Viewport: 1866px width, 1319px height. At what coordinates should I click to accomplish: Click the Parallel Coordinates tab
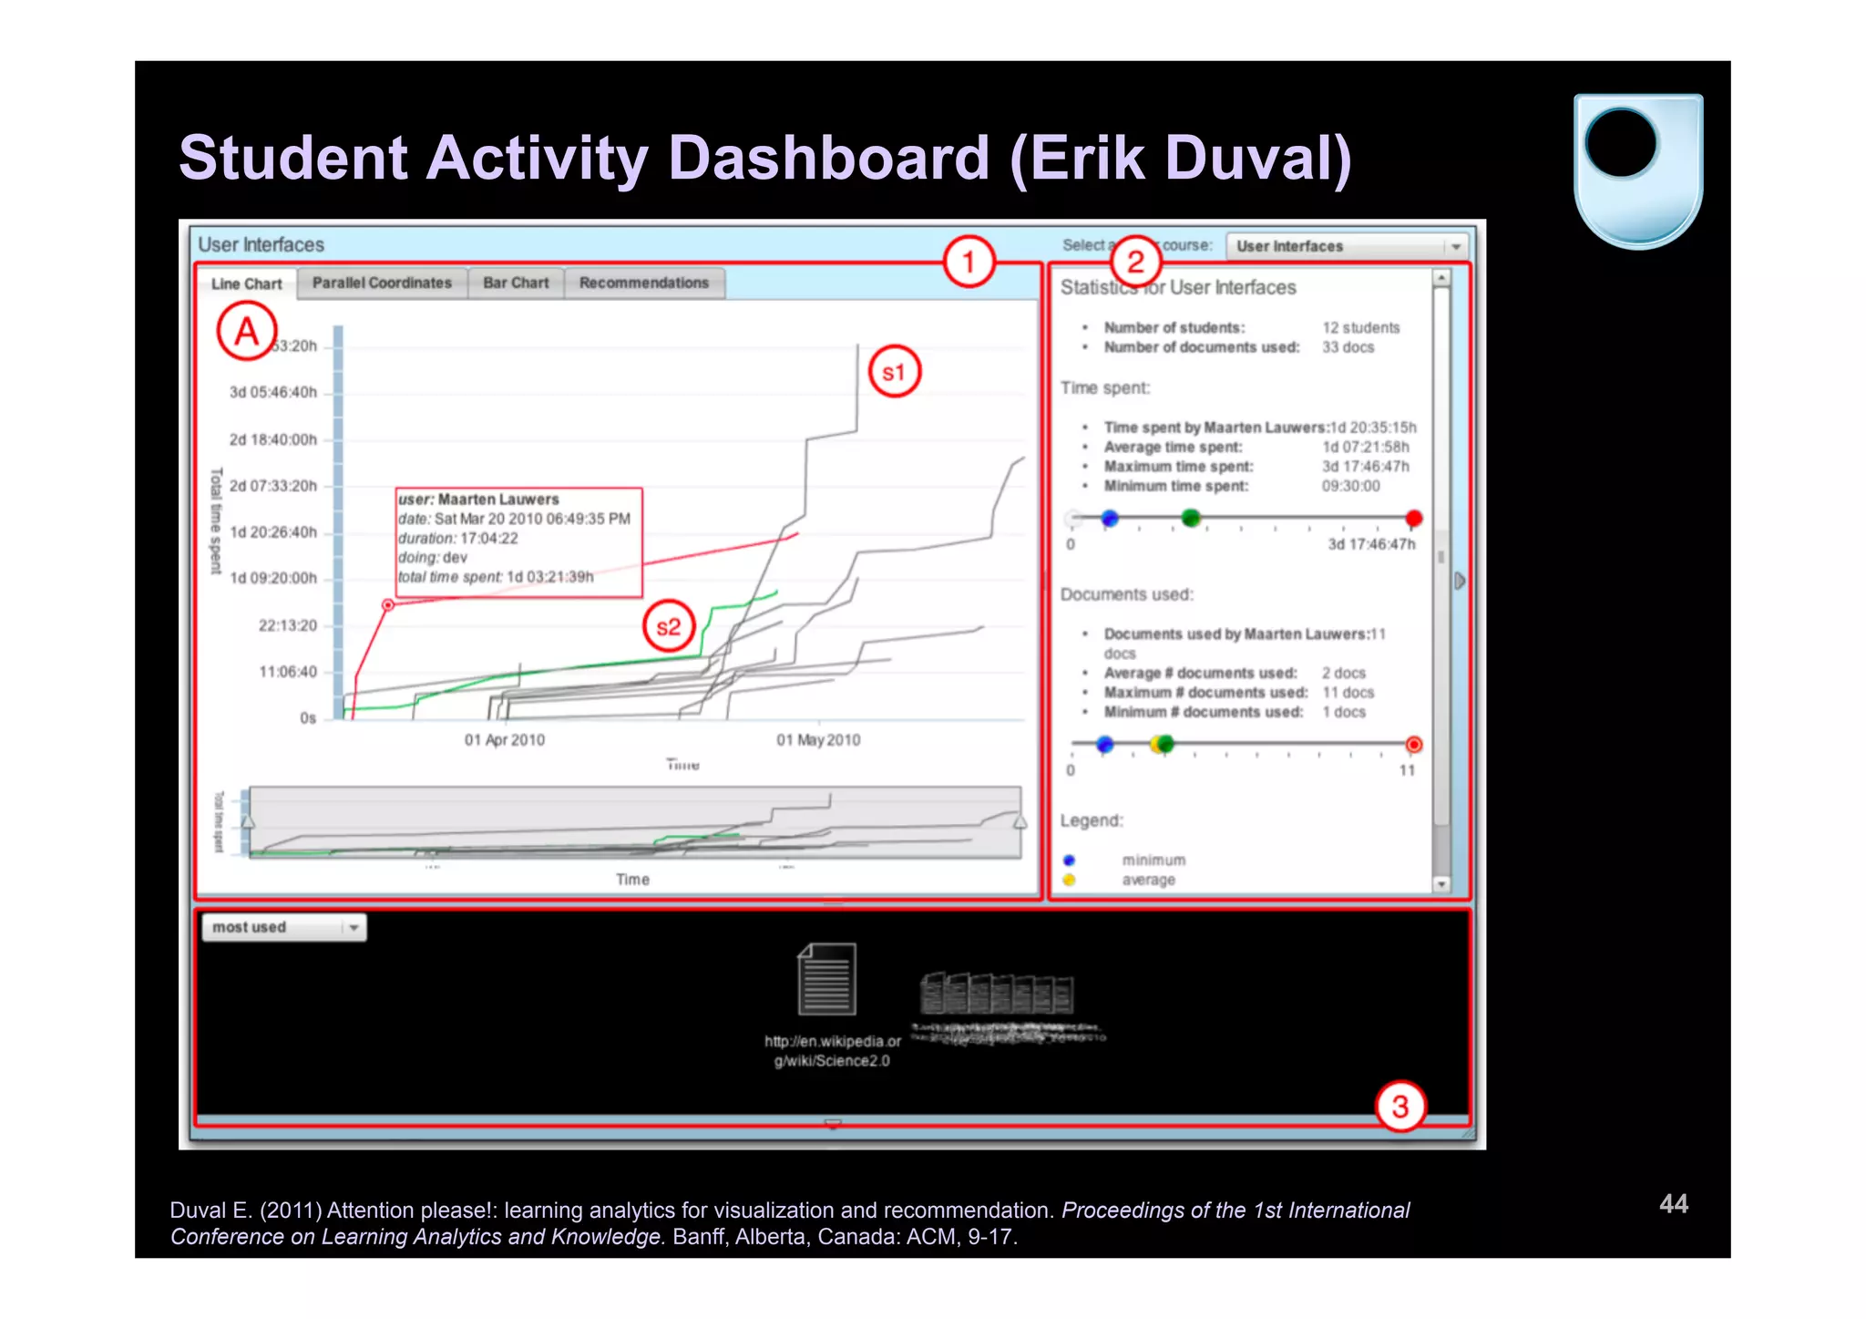pos(382,283)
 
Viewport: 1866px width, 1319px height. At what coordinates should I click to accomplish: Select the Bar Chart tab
pos(516,283)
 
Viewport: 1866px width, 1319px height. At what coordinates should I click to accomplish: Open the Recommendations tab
pos(643,283)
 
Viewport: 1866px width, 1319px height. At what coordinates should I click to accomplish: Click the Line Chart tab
pos(246,284)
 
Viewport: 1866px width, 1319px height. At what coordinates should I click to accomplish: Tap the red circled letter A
pos(247,332)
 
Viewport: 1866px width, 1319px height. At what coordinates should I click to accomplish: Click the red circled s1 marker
pos(894,372)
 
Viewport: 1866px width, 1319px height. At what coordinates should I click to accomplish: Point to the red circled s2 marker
pos(669,626)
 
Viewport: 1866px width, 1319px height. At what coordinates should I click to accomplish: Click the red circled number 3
pos(1399,1107)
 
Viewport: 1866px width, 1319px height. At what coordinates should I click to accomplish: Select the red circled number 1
pos(968,263)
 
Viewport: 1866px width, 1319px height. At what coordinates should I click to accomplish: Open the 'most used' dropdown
pos(283,928)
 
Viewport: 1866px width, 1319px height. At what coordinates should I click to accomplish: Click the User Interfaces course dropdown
pos(1346,247)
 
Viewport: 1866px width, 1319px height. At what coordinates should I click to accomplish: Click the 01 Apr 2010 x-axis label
pos(504,740)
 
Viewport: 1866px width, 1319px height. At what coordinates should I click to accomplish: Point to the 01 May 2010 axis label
pos(817,740)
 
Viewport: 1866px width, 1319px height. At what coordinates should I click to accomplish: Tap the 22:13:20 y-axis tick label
pos(287,626)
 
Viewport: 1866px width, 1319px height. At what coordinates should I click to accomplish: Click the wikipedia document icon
pos(826,980)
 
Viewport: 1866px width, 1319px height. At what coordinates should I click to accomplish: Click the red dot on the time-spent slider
pos(1413,519)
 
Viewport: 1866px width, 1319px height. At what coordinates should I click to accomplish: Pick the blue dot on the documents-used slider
pos(1105,745)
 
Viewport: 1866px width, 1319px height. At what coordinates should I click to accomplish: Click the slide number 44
pos(1673,1204)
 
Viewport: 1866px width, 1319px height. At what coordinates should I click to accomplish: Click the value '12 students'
pos(1360,328)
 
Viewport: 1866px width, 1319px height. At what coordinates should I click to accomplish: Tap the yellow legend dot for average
pos(1069,880)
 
